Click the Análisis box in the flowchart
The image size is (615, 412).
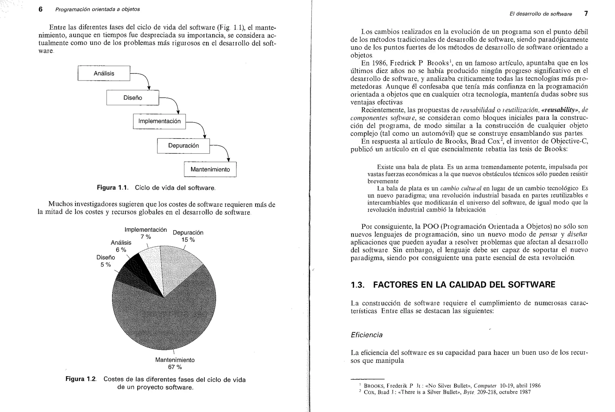104,73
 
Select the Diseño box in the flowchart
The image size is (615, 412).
132,98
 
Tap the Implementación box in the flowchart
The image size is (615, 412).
159,121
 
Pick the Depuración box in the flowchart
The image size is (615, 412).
183,146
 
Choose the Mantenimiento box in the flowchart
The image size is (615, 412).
210,169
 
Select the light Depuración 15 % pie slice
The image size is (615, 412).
177,264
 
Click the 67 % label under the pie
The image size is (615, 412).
175,367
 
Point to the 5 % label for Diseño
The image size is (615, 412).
106,265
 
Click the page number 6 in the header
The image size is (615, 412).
41,9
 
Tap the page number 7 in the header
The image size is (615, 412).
586,14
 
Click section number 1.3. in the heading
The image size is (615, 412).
358,285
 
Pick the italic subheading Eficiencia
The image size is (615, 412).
366,335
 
